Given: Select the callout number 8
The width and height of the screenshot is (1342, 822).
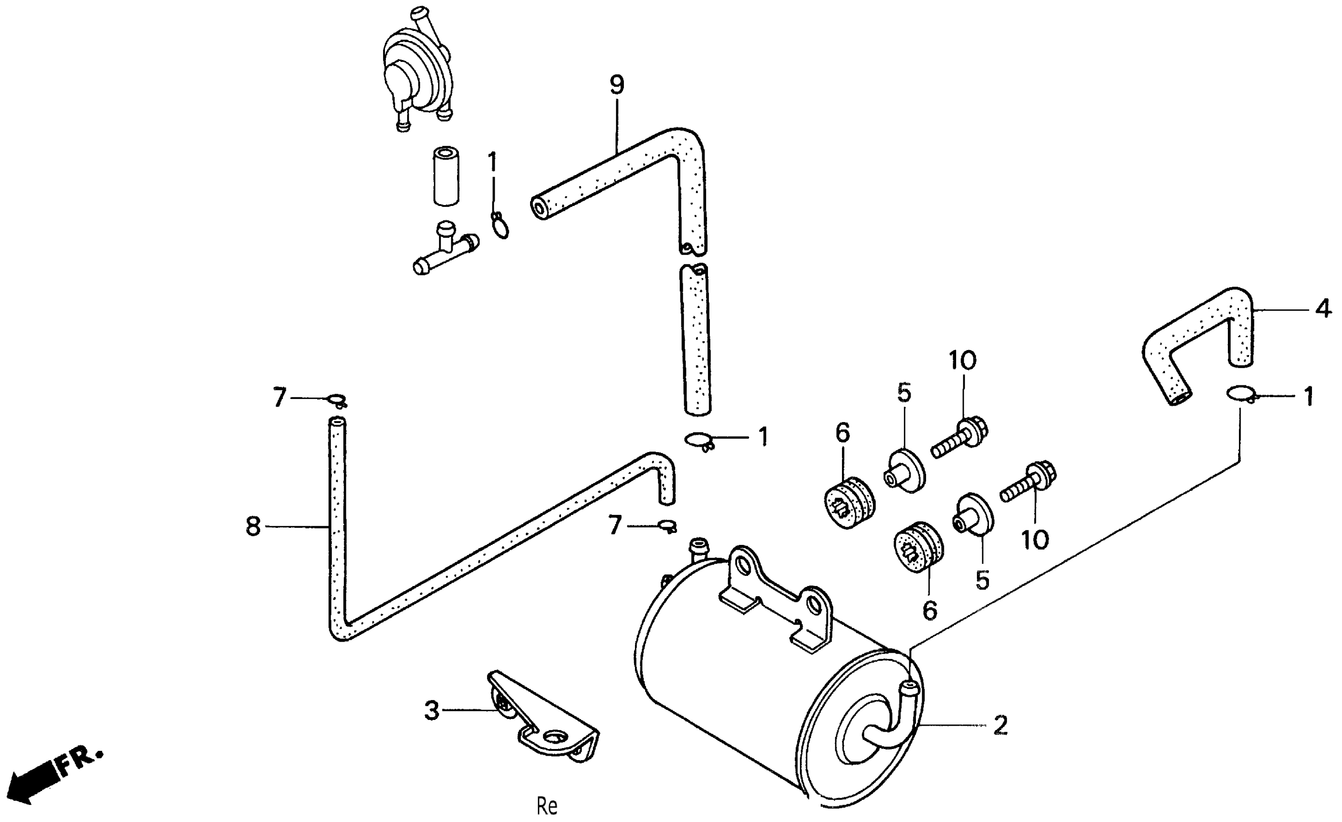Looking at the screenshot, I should [x=253, y=526].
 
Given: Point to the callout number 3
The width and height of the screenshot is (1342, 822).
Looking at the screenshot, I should [x=432, y=710].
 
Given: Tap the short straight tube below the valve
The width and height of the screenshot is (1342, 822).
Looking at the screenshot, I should [x=446, y=176].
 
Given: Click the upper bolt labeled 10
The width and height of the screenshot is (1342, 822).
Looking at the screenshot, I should [x=959, y=438].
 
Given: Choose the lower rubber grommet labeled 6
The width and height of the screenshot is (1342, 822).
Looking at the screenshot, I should [x=918, y=547].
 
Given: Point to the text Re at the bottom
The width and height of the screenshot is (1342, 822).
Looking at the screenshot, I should [x=547, y=805].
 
